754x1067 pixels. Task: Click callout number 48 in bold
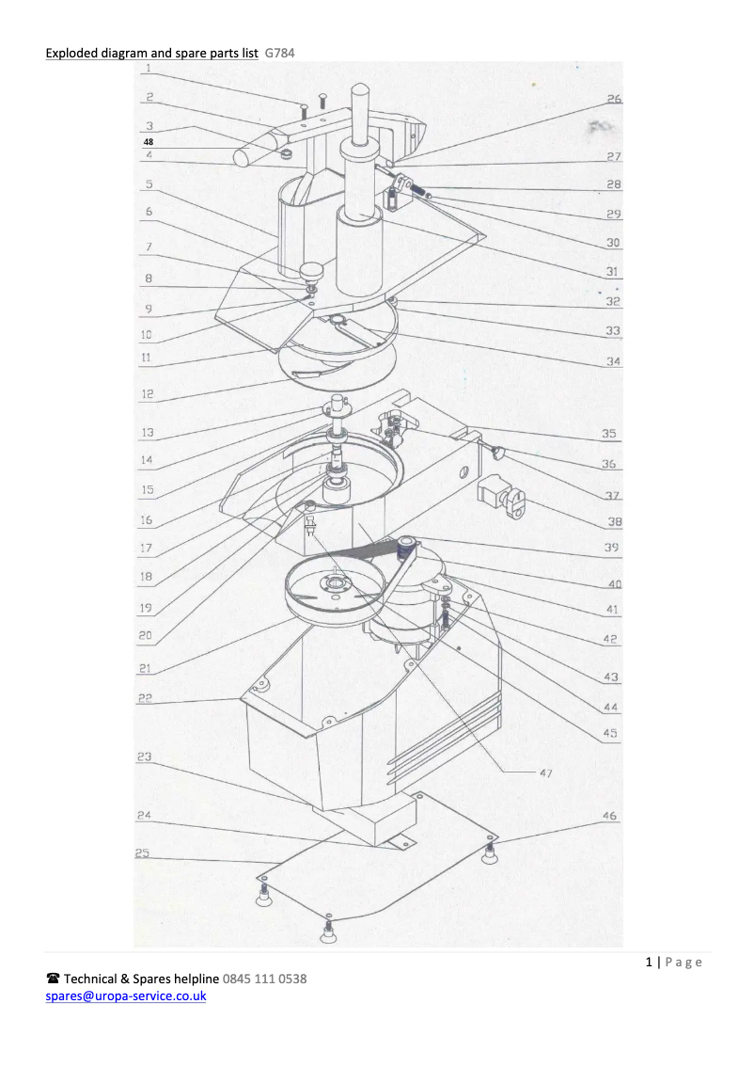[x=149, y=141]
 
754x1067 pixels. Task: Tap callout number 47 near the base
[x=546, y=773]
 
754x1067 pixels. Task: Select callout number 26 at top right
[x=614, y=99]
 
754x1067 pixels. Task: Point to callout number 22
[x=145, y=698]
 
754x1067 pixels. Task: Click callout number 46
[x=609, y=815]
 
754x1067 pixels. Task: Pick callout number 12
[x=148, y=393]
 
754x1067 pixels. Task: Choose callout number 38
[x=615, y=522]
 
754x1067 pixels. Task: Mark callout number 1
[x=149, y=68]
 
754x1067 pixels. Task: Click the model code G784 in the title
[x=279, y=53]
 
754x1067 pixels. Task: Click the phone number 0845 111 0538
[x=264, y=979]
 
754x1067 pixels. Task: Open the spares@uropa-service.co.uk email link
[x=126, y=995]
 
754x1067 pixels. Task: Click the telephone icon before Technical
[x=53, y=979]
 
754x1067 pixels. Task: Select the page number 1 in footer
[x=649, y=962]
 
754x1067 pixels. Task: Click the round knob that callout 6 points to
[x=313, y=271]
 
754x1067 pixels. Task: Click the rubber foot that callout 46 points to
[x=489, y=852]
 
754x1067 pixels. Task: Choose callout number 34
[x=613, y=360]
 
